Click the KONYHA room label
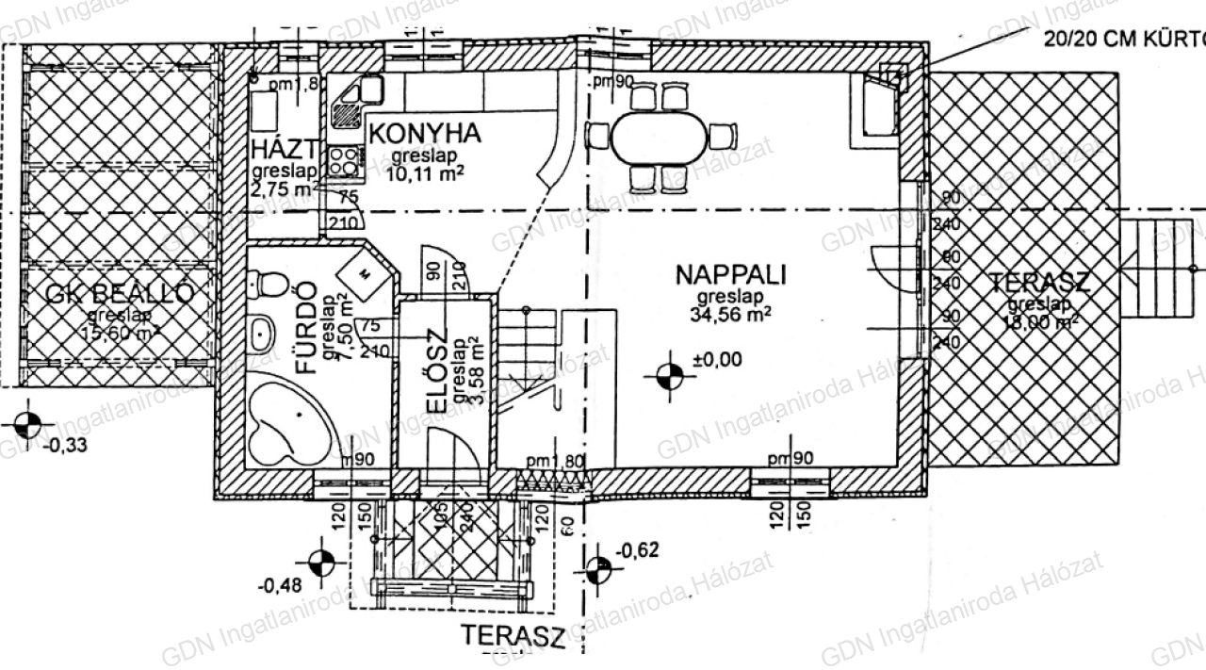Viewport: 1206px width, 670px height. [x=424, y=134]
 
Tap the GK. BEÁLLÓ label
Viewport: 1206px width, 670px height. [x=120, y=294]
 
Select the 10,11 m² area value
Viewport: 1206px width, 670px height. [x=423, y=172]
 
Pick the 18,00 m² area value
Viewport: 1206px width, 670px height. [x=1040, y=322]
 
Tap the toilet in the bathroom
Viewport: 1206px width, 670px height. [x=269, y=283]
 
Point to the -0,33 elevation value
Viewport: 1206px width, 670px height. [x=66, y=446]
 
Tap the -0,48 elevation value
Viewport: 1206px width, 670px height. [x=279, y=584]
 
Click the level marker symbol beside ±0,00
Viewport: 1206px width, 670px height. [x=670, y=375]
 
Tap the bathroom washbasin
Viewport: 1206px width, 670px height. [x=260, y=331]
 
